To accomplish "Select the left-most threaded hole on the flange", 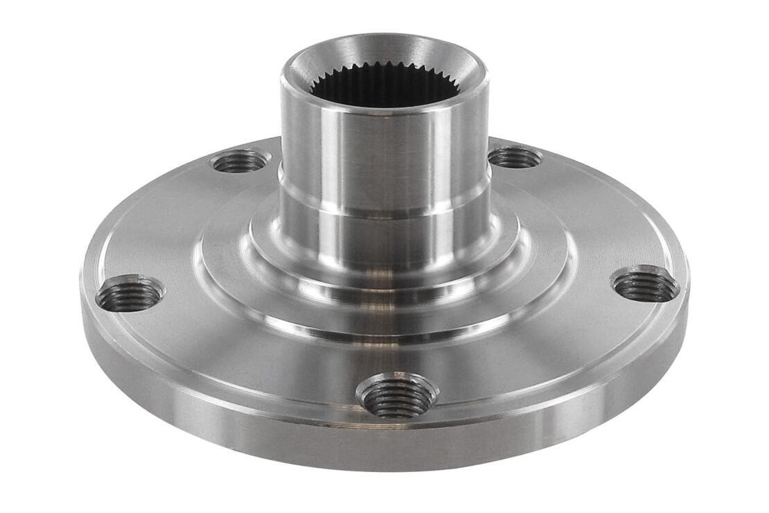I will (x=130, y=295).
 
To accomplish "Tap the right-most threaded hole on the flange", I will (x=644, y=285).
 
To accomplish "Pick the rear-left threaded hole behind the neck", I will (x=239, y=162).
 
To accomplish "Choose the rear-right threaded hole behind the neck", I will (x=514, y=157).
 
